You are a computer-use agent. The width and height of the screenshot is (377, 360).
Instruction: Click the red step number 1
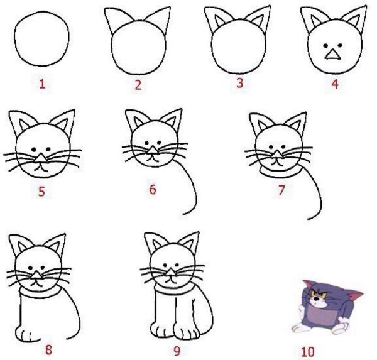(x=42, y=84)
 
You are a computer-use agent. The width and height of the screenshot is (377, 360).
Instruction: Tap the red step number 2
(x=138, y=84)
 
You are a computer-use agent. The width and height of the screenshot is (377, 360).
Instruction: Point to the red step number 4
(x=335, y=84)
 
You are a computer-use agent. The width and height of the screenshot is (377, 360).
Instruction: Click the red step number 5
(x=41, y=192)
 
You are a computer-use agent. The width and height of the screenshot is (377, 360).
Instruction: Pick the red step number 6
(x=152, y=188)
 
